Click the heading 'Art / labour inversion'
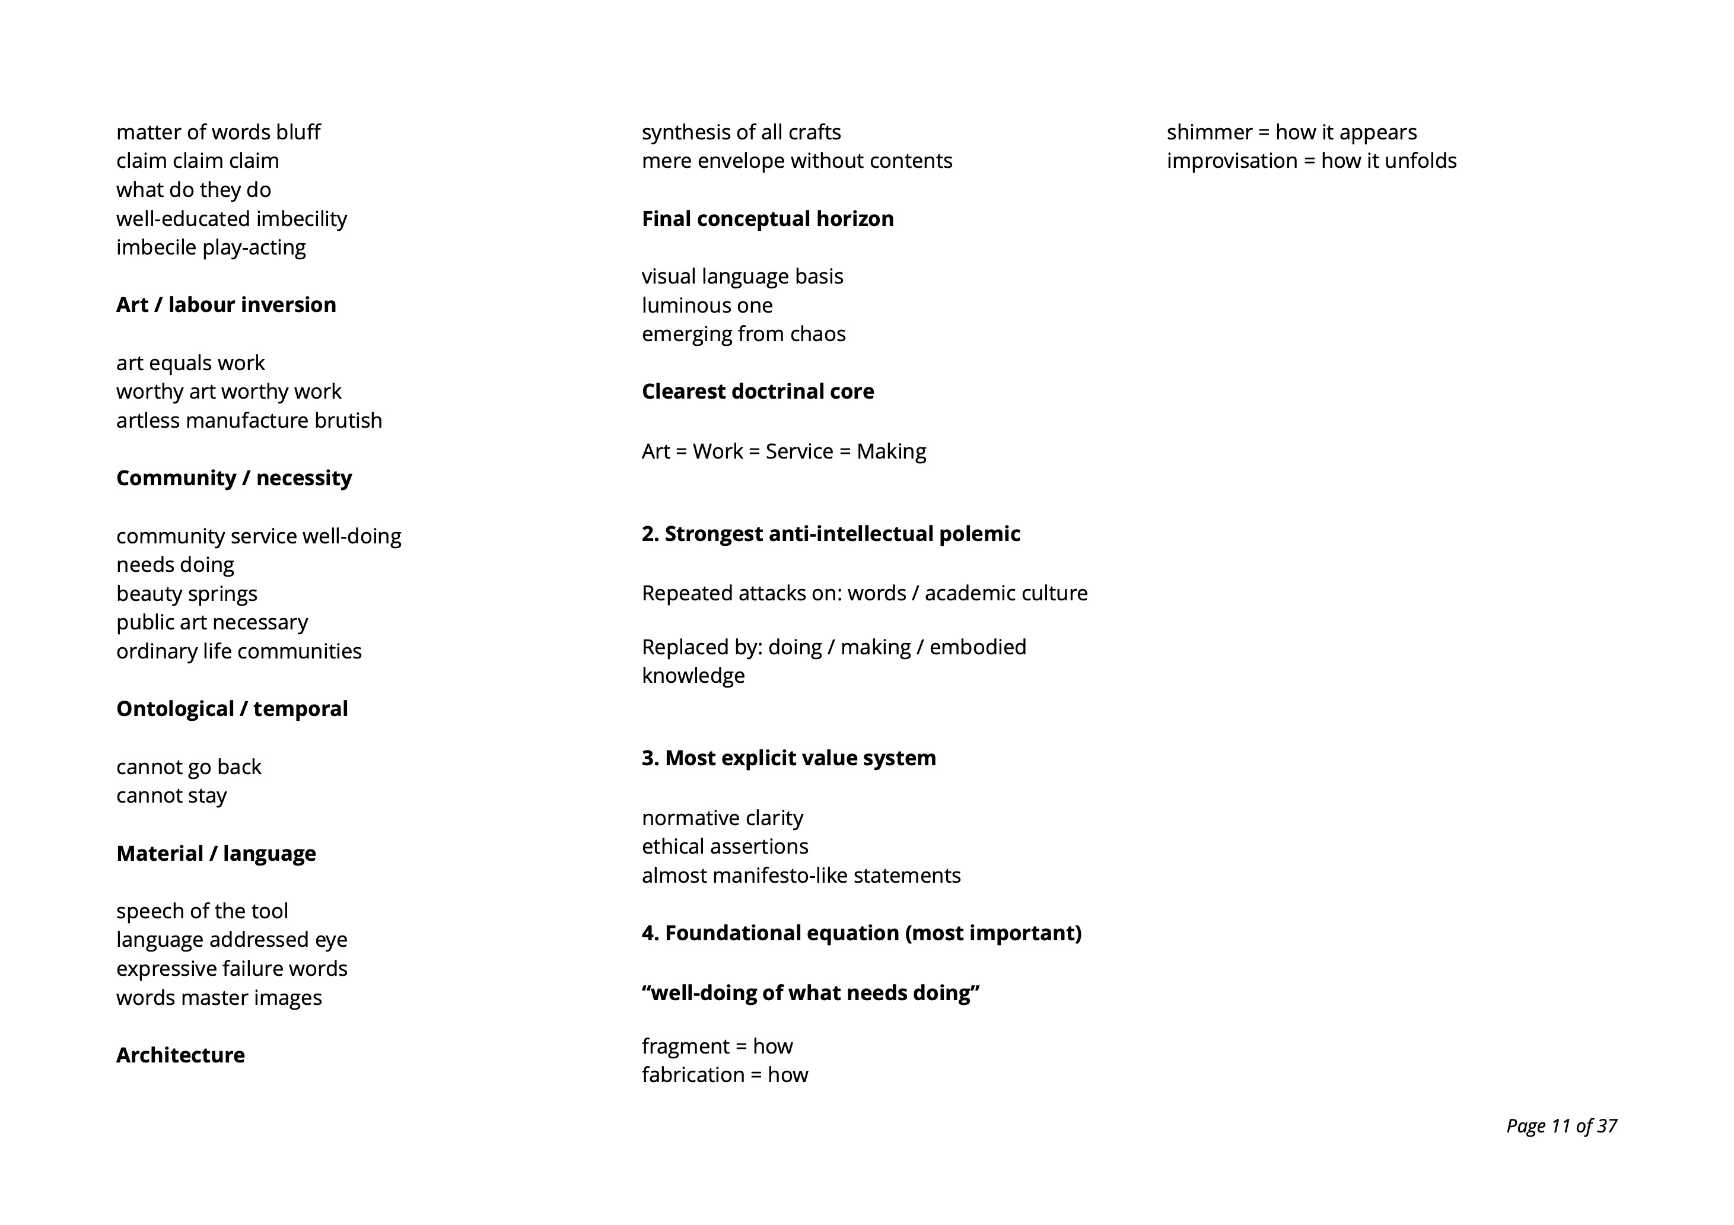point(226,304)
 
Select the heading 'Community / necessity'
point(234,478)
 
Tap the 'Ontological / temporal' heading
point(232,708)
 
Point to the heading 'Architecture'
point(180,1055)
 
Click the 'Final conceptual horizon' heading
point(767,219)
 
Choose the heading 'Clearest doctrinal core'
point(758,391)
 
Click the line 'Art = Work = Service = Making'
point(783,451)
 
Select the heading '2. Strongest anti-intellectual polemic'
point(831,534)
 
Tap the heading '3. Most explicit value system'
point(788,758)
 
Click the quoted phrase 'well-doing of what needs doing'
point(810,992)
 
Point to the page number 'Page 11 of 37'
point(1561,1126)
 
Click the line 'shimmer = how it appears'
point(1291,132)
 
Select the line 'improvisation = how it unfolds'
point(1311,161)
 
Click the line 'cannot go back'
point(189,766)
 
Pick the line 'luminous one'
point(707,305)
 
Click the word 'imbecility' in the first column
point(301,219)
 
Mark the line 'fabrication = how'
point(724,1075)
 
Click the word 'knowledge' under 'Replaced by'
point(692,675)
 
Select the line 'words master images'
point(219,998)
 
